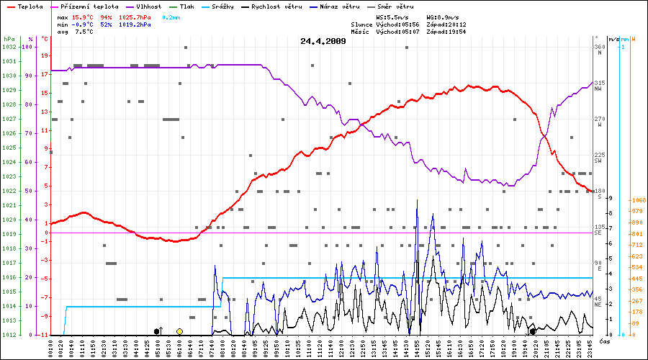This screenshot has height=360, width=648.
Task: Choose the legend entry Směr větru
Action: (397, 6)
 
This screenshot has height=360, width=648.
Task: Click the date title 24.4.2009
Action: (323, 41)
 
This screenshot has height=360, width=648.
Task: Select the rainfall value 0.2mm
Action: (171, 17)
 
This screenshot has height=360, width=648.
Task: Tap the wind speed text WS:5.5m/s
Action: (393, 17)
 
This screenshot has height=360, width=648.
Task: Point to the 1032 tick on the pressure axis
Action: (9, 47)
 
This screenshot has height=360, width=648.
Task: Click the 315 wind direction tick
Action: (598, 83)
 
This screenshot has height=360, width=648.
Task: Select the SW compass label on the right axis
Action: (598, 161)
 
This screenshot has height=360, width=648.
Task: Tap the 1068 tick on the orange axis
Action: (636, 201)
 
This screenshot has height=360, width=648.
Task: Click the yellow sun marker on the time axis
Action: (179, 331)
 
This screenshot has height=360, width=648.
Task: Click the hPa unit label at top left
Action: (9, 38)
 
